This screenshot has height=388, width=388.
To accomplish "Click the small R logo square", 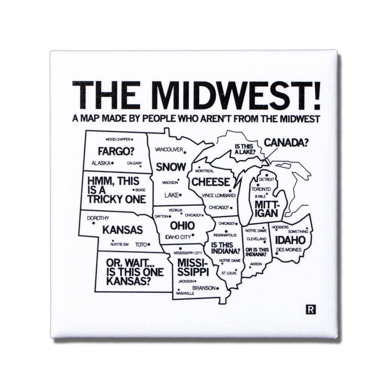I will [x=311, y=310].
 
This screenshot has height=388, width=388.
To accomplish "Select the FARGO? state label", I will [x=116, y=151].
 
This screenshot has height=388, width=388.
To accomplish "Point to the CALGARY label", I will [x=134, y=163].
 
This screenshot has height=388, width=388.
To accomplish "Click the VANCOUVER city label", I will [x=169, y=150].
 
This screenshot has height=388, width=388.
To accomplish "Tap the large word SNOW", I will [x=171, y=167].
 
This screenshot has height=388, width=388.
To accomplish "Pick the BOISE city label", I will [x=140, y=190].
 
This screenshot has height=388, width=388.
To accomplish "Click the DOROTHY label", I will [x=98, y=218].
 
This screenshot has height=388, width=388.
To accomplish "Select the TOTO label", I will [x=141, y=244].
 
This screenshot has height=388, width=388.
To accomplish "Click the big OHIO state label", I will [x=182, y=226].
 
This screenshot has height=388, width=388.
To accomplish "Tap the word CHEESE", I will [x=210, y=182].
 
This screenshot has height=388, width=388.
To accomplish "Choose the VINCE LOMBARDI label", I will [x=219, y=196].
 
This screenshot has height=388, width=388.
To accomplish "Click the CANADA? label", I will [x=286, y=142].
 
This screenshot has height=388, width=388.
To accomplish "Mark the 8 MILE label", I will [x=260, y=196].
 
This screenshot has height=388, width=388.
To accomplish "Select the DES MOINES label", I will [x=289, y=250].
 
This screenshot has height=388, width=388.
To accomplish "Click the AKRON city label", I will [x=256, y=264].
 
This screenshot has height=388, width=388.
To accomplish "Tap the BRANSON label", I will [x=203, y=288].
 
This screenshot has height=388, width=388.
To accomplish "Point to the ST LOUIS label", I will [x=229, y=273].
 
